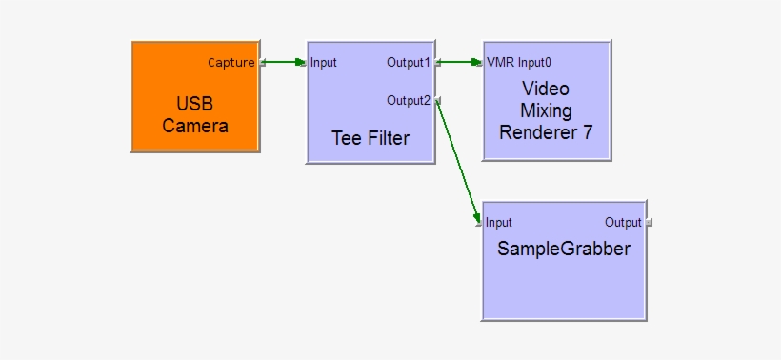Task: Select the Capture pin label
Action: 230,63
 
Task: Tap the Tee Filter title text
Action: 370,138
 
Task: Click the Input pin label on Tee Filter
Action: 324,63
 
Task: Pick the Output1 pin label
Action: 408,63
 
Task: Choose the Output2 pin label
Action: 408,100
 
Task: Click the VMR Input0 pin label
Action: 519,63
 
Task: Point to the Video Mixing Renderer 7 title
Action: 546,110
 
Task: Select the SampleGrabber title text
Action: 563,249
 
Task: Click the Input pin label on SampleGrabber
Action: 499,223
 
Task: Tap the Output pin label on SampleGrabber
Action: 623,223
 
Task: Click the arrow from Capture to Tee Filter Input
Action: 283,63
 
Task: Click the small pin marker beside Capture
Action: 262,64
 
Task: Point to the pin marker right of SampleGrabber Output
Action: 649,223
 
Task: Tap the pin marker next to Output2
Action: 437,100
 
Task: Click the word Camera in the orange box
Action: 195,126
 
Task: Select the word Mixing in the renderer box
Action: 546,110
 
